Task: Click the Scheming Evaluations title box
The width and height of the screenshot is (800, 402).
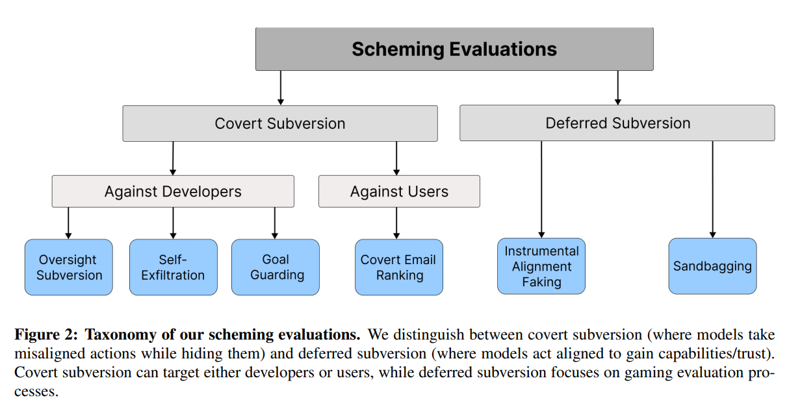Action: tap(454, 49)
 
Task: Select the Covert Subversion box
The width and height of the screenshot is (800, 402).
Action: tap(280, 124)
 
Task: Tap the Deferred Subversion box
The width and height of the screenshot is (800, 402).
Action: tap(617, 123)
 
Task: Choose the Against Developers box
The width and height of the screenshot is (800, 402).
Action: tap(173, 191)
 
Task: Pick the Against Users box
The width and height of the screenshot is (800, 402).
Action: tap(399, 191)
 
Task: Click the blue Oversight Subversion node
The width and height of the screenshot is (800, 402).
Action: tap(69, 267)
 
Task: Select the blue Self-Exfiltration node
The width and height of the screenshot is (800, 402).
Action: tap(173, 267)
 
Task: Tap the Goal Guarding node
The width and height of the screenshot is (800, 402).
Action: tap(276, 267)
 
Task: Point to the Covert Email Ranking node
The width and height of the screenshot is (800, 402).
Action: tap(398, 267)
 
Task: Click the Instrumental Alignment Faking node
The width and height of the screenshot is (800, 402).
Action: tap(541, 266)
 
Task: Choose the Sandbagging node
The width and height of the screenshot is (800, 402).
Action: tap(712, 266)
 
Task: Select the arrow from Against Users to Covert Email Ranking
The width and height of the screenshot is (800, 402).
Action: tap(396, 223)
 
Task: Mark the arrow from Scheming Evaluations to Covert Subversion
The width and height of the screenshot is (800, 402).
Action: tap(281, 88)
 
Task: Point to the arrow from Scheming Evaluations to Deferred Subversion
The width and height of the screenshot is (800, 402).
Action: tap(617, 88)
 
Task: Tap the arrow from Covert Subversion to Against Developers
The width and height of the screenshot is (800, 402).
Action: tap(173, 158)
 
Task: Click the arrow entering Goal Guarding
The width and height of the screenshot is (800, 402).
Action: tap(275, 223)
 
